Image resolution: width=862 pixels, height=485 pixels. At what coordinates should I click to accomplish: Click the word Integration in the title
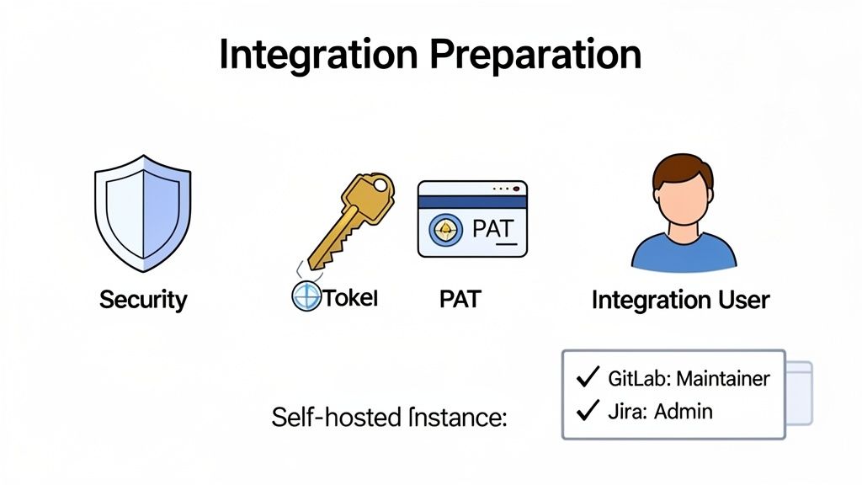(x=316, y=54)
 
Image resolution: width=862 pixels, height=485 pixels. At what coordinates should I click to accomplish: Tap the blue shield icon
(x=142, y=217)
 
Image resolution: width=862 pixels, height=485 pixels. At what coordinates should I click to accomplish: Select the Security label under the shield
(x=143, y=299)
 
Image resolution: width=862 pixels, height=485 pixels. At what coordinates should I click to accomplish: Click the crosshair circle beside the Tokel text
(x=306, y=297)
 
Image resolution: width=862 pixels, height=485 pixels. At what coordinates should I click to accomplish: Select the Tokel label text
(x=351, y=298)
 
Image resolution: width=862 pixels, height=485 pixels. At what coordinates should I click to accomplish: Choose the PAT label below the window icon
(x=460, y=299)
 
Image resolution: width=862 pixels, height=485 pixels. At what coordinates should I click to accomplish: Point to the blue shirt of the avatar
(x=683, y=253)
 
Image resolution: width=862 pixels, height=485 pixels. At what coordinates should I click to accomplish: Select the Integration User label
(x=680, y=300)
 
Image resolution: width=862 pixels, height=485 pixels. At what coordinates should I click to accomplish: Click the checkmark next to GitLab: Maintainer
(x=587, y=378)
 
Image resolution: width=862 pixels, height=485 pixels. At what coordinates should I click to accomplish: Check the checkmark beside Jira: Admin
(x=587, y=411)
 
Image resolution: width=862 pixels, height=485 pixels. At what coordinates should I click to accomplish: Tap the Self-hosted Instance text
(x=389, y=417)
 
